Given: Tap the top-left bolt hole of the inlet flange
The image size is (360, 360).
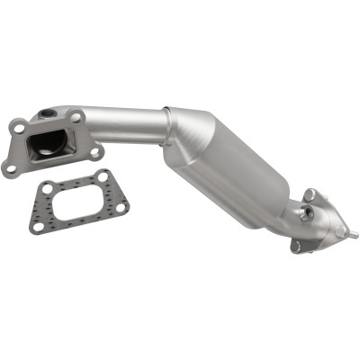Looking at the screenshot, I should click(x=18, y=129).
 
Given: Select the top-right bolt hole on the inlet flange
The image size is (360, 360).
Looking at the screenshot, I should click(x=77, y=117).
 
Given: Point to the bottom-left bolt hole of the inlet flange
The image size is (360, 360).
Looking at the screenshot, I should click(x=11, y=167).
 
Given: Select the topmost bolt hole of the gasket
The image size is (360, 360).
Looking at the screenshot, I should click(x=101, y=175).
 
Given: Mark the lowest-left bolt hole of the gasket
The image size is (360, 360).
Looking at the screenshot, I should click(x=38, y=227).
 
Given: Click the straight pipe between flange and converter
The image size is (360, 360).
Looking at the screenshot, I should click(x=126, y=125).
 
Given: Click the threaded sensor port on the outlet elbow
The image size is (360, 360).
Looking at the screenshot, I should click(x=307, y=211).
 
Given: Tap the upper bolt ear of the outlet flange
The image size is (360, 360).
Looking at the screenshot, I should click(x=310, y=193).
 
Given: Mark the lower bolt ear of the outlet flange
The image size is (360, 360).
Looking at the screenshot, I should click(x=296, y=245).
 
